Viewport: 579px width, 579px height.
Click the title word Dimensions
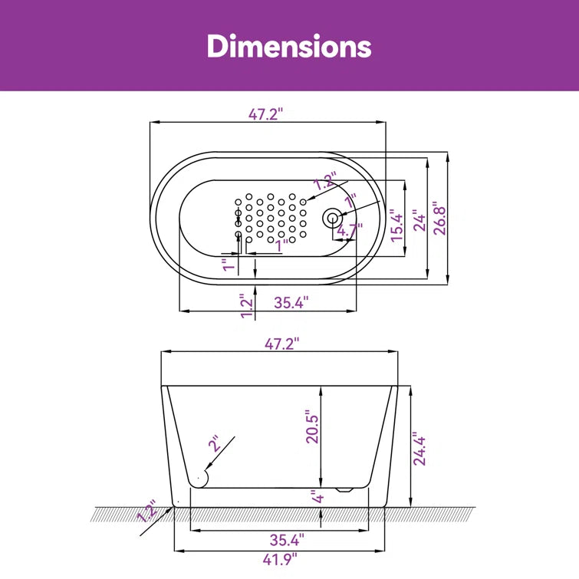tap(289, 46)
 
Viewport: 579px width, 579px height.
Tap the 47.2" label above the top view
tap(265, 114)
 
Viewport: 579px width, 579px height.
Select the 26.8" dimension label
tap(440, 219)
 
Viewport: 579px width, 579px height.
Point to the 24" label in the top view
tap(419, 220)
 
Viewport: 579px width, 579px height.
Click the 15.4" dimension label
tap(398, 225)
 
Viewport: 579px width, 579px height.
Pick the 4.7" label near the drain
tap(350, 229)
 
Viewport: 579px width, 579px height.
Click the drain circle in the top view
tap(332, 219)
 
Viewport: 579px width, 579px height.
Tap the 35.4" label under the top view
tap(291, 303)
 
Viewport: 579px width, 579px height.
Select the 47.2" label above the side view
tap(281, 344)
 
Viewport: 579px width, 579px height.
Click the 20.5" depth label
tap(312, 426)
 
